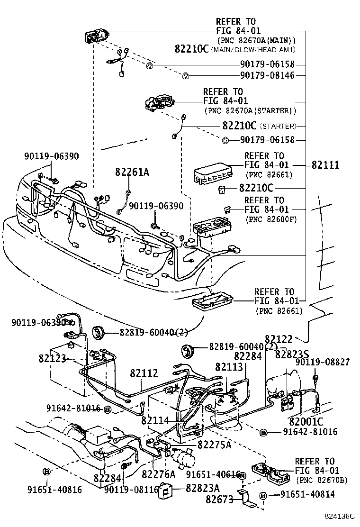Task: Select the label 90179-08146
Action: (x=267, y=75)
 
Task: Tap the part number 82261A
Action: (x=132, y=173)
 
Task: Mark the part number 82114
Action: (x=155, y=420)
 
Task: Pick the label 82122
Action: (x=279, y=339)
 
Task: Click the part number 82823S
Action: (x=292, y=354)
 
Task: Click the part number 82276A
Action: (x=158, y=474)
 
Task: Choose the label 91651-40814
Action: (x=307, y=495)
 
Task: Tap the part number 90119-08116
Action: (x=131, y=490)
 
